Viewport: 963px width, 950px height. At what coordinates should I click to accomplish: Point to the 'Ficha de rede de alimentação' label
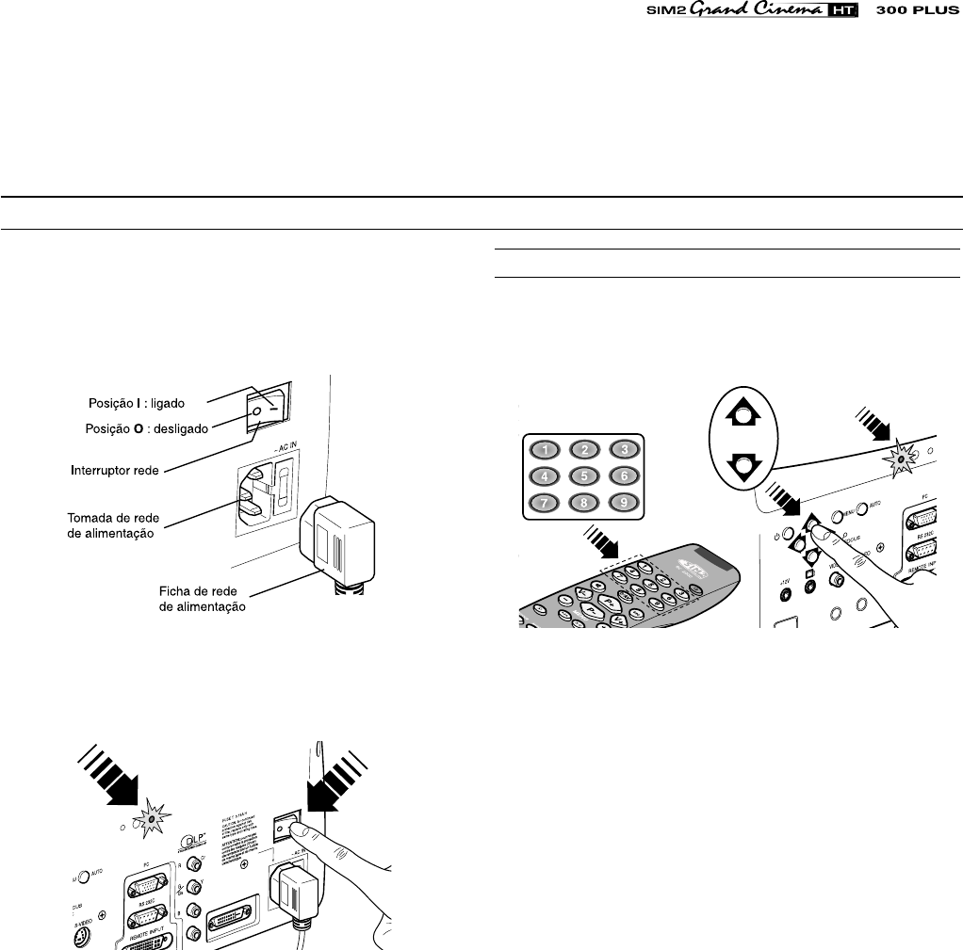202,600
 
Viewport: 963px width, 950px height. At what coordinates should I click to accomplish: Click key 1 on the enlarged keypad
544,450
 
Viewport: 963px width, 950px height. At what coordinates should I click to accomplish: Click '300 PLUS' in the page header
919,13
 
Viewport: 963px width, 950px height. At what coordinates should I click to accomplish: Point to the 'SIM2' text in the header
671,13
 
